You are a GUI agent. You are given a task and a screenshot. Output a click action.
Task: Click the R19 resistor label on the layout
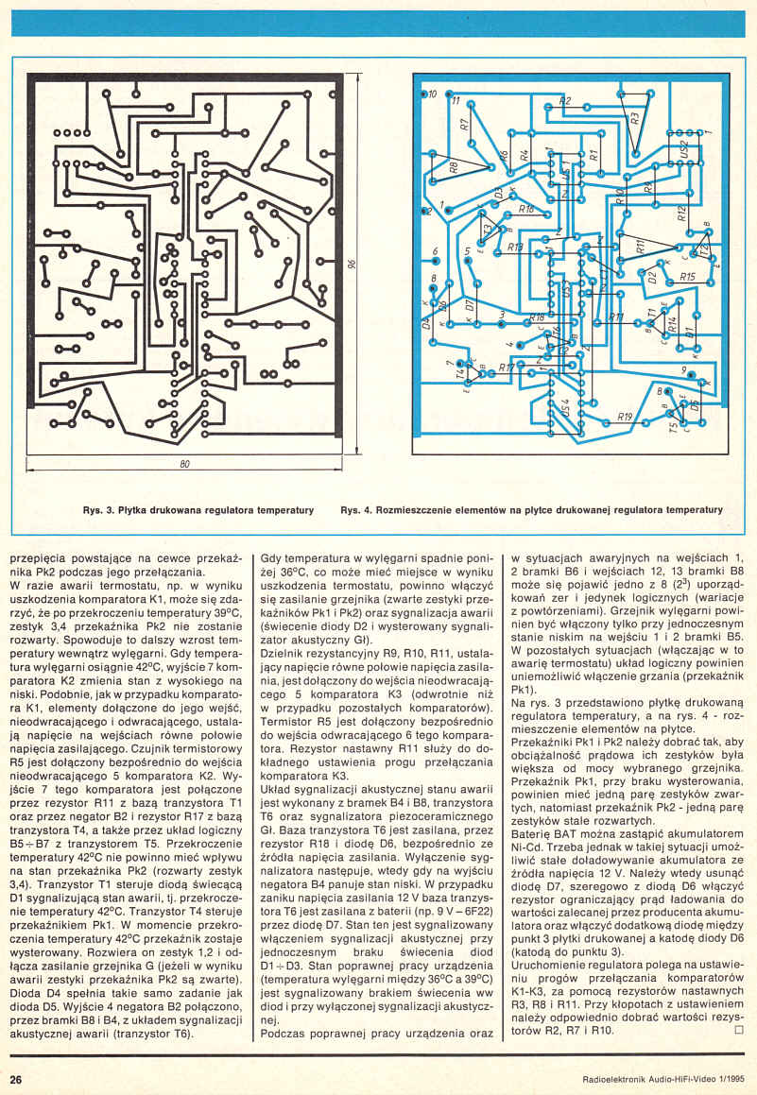(x=624, y=417)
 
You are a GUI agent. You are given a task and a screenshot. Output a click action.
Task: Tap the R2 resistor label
(x=565, y=101)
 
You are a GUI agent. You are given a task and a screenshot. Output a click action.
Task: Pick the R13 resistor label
(x=515, y=248)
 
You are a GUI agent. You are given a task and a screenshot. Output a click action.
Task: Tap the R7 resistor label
(x=465, y=124)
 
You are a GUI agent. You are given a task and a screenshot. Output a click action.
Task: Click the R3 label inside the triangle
(x=635, y=118)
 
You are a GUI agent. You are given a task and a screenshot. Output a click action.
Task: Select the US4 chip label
(x=565, y=409)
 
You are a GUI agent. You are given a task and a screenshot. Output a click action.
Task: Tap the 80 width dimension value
(x=185, y=464)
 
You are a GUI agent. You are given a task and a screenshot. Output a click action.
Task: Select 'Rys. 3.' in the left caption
(x=98, y=510)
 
